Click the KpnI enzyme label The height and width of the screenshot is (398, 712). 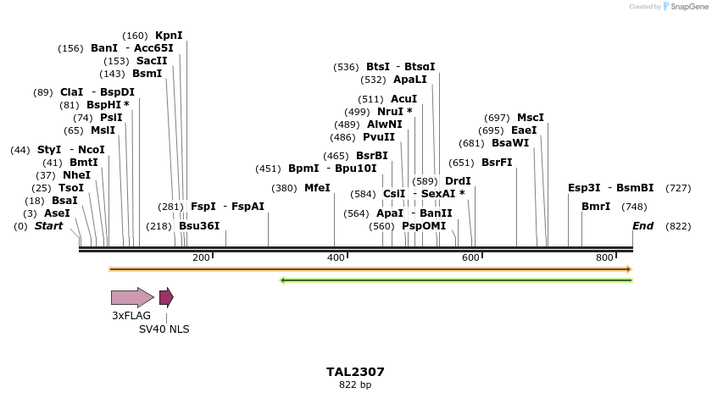(168, 36)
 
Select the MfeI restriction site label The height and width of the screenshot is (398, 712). (317, 188)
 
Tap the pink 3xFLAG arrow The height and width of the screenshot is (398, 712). (132, 297)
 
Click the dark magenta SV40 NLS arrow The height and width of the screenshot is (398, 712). (166, 297)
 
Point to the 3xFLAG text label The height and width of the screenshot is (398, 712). (131, 316)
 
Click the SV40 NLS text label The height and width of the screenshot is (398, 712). (164, 329)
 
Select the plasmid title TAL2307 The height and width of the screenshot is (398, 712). (355, 372)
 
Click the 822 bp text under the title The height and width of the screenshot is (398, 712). (355, 385)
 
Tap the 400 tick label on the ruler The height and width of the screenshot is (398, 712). (336, 257)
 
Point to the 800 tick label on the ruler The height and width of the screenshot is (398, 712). (604, 257)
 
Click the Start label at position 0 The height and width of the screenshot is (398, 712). (48, 226)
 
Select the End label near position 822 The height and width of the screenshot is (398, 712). (642, 226)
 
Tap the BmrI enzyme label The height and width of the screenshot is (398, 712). (595, 207)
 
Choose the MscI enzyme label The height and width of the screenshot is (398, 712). (531, 118)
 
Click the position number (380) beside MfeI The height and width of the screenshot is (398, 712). (284, 188)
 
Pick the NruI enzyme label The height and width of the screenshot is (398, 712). (394, 112)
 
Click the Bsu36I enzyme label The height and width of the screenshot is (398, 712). (199, 226)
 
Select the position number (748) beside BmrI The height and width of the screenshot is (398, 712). (634, 207)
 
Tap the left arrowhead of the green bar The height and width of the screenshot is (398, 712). (283, 279)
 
